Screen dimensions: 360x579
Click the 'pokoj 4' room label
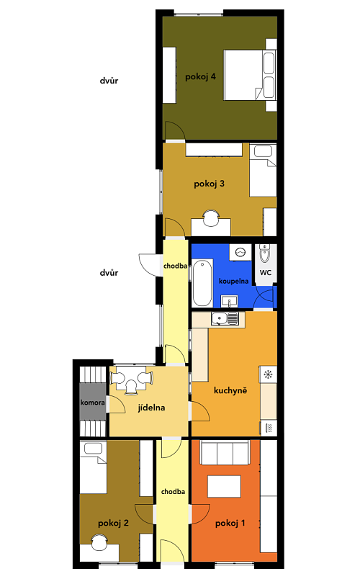point(200,77)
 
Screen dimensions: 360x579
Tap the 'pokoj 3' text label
point(209,184)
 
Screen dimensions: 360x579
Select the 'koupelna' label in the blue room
point(233,282)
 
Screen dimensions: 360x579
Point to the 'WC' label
point(266,272)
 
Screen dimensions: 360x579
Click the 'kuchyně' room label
point(230,390)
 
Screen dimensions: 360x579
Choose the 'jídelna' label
point(151,408)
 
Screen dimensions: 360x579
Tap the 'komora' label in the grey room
point(92,403)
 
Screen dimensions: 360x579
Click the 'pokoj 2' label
point(113,524)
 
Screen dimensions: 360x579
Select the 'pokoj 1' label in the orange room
point(230,524)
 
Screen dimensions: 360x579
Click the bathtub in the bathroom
point(202,282)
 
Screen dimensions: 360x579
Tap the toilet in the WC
point(265,253)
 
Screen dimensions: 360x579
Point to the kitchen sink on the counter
point(225,319)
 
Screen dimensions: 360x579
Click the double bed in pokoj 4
point(250,76)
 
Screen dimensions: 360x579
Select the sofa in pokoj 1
point(225,452)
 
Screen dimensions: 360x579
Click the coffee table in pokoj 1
point(224,486)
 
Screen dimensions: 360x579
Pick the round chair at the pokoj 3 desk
point(212,218)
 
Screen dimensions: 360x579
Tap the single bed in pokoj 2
point(93,467)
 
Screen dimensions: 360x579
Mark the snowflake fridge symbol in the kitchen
point(268,374)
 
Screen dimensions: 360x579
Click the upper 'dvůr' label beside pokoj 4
point(109,81)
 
